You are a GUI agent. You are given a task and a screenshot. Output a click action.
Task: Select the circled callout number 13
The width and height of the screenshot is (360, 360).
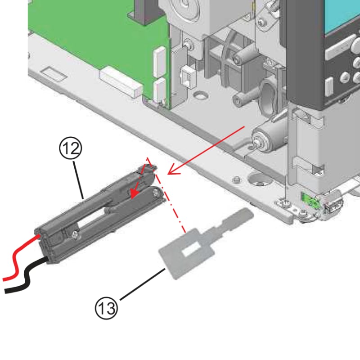106,308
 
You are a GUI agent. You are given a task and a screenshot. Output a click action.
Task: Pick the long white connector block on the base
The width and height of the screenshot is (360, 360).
119,80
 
